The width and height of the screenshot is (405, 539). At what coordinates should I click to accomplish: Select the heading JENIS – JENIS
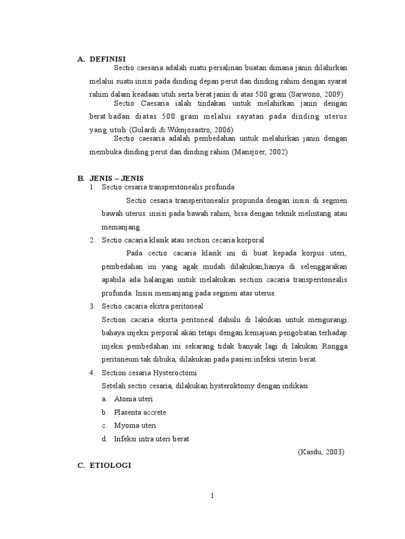pyautogui.click(x=117, y=178)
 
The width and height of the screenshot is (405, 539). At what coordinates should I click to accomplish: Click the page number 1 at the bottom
pyautogui.click(x=211, y=495)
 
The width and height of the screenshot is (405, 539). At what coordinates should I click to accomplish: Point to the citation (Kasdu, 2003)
pyautogui.click(x=321, y=452)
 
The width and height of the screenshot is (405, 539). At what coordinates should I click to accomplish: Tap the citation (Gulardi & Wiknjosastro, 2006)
pyautogui.click(x=180, y=129)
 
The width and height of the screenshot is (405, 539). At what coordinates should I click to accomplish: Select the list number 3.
pyautogui.click(x=92, y=306)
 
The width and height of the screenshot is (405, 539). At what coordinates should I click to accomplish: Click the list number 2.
pyautogui.click(x=92, y=240)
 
